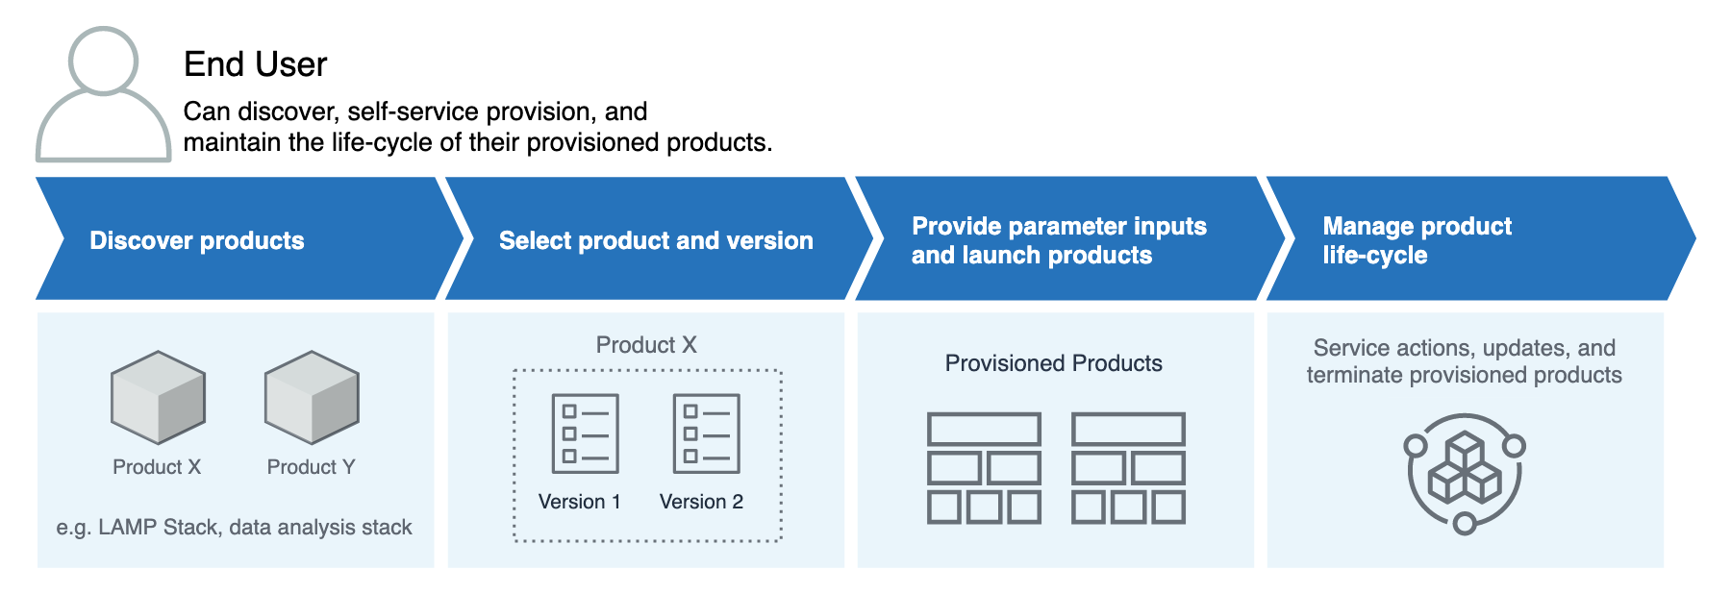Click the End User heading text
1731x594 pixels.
pyautogui.click(x=255, y=64)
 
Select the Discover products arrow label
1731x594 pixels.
pyautogui.click(x=196, y=240)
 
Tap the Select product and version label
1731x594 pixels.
pyautogui.click(x=655, y=240)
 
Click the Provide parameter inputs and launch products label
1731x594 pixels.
pyautogui.click(x=1058, y=240)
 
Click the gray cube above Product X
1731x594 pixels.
pyautogui.click(x=158, y=397)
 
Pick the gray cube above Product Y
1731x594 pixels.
pyautogui.click(x=312, y=397)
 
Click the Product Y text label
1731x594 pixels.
pyautogui.click(x=311, y=467)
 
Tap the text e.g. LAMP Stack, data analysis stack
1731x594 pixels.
pyautogui.click(x=234, y=527)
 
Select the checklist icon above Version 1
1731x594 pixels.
pyautogui.click(x=585, y=433)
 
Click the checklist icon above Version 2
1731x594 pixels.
pyautogui.click(x=706, y=433)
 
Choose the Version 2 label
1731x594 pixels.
pyautogui.click(x=701, y=502)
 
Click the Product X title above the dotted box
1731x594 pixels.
pyautogui.click(x=646, y=345)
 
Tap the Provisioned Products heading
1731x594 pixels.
pyautogui.click(x=1053, y=363)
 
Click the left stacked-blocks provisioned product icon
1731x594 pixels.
pyautogui.click(x=984, y=468)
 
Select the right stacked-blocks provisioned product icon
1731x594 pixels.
pyautogui.click(x=1128, y=468)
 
